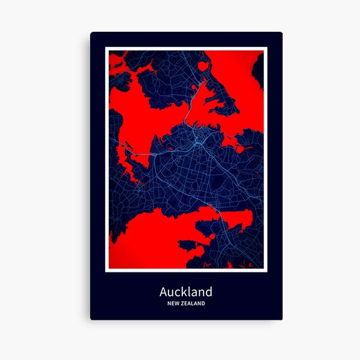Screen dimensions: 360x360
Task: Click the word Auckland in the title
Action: [x=185, y=292]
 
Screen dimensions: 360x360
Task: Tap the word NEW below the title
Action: [x=174, y=304]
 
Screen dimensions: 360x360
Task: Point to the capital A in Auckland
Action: [x=164, y=292]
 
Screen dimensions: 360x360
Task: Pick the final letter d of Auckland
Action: [x=208, y=292]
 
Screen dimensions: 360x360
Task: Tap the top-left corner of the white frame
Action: [x=105, y=47]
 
